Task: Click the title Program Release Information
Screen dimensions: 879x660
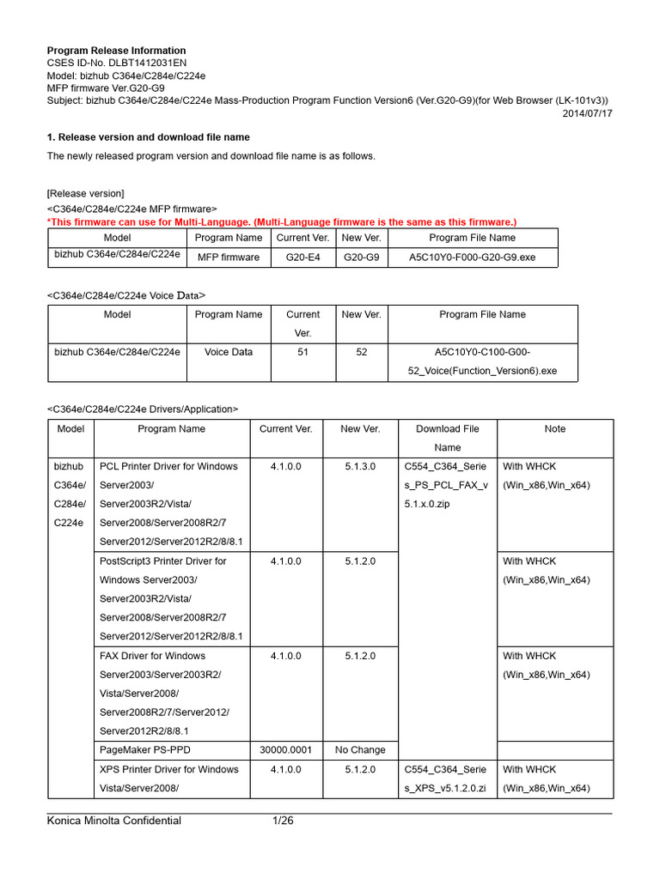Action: pyautogui.click(x=115, y=51)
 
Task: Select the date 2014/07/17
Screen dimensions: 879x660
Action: pyautogui.click(x=588, y=112)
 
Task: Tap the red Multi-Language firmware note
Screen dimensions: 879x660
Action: pyautogui.click(x=282, y=221)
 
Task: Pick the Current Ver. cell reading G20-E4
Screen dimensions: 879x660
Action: pyautogui.click(x=302, y=257)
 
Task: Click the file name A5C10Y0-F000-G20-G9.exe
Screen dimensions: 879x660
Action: pyautogui.click(x=473, y=257)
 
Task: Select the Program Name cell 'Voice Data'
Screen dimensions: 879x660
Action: pyautogui.click(x=228, y=352)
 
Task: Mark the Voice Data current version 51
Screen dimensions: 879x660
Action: pyautogui.click(x=302, y=352)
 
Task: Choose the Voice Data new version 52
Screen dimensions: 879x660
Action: pyautogui.click(x=362, y=352)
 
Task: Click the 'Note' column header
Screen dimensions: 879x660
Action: pyautogui.click(x=555, y=428)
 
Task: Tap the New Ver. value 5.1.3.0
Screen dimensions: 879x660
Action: pyautogui.click(x=360, y=466)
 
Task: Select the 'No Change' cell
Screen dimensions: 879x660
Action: pyautogui.click(x=360, y=749)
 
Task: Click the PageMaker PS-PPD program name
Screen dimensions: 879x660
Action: pyautogui.click(x=143, y=749)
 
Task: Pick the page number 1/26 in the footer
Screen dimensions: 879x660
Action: pyautogui.click(x=283, y=821)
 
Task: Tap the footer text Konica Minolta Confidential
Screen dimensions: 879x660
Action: pyautogui.click(x=113, y=821)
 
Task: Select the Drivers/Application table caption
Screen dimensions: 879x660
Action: pyautogui.click(x=142, y=409)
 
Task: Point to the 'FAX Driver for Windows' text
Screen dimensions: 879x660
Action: pyautogui.click(x=153, y=656)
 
